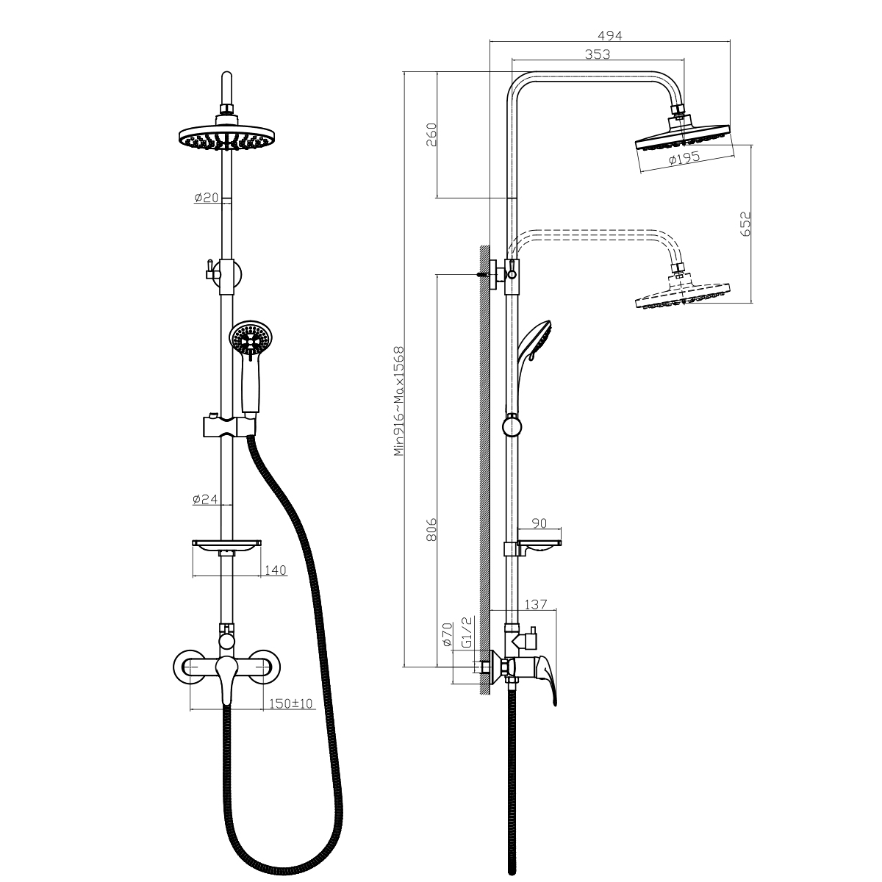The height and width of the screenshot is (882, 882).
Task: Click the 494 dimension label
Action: point(609,36)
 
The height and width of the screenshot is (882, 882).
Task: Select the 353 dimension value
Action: point(598,54)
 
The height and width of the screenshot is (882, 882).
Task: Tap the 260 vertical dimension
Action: point(431,134)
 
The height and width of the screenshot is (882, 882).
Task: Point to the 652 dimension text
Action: point(745,223)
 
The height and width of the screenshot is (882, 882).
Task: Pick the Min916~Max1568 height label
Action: point(399,401)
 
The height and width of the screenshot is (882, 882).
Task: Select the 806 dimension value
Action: point(431,530)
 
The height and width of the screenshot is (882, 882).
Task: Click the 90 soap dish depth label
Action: point(539,523)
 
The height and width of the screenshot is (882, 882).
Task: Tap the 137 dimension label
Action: point(536,605)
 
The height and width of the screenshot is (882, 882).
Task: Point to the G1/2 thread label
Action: point(467,632)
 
